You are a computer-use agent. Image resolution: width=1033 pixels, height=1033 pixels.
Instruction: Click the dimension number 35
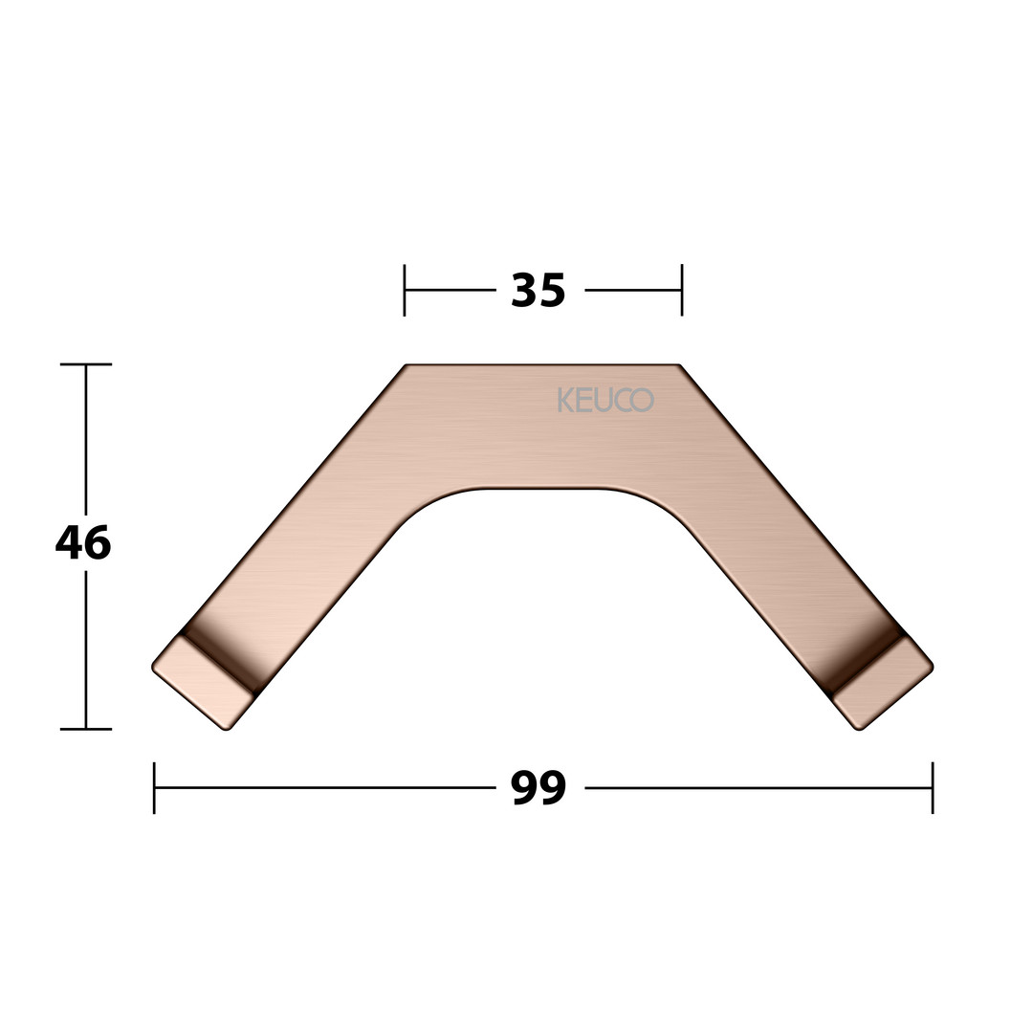[538, 291]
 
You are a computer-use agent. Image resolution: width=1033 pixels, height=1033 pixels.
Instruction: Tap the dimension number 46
[83, 543]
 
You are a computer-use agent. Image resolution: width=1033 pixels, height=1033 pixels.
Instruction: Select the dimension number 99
[538, 787]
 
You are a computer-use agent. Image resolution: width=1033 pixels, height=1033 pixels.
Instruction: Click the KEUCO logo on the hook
[605, 400]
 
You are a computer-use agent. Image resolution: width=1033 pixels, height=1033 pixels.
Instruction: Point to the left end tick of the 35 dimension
[405, 290]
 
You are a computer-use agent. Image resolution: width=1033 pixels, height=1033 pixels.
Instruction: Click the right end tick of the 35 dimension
[682, 290]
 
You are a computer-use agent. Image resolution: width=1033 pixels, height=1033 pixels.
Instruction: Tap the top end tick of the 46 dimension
[86, 363]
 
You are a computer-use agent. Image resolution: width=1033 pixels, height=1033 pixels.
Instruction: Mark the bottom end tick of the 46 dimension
[86, 729]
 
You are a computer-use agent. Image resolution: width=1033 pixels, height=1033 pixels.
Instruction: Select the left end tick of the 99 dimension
[154, 788]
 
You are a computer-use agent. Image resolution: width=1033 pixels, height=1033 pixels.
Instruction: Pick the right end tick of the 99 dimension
[933, 788]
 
